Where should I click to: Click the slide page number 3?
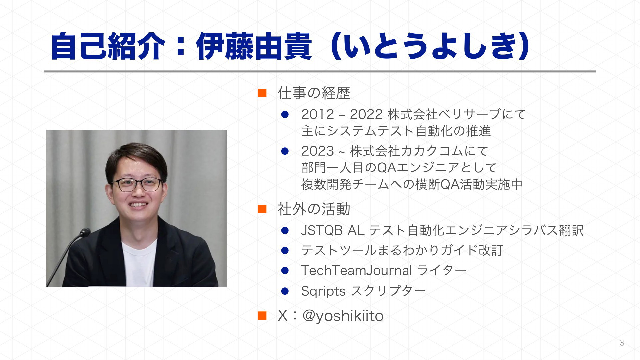622,343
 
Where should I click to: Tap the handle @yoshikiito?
343,316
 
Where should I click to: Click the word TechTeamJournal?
356,270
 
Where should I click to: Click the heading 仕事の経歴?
314,93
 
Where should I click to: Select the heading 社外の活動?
314,209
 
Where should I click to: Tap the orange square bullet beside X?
262,315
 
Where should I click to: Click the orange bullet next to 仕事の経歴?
262,93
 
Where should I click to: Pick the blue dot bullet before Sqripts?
285,291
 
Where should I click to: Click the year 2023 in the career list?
318,151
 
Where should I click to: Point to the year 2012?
318,114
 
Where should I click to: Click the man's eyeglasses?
137,184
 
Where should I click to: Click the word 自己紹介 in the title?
108,46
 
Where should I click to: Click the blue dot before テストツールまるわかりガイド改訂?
285,250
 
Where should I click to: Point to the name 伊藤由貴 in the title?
254,46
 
